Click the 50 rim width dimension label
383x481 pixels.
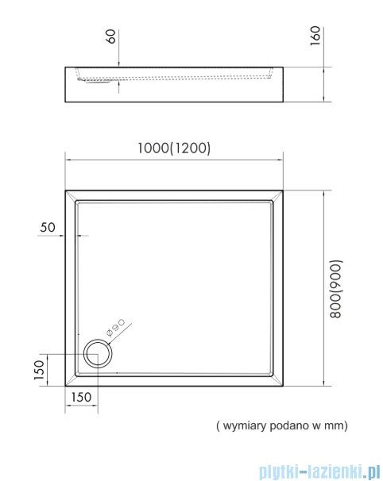47,227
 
